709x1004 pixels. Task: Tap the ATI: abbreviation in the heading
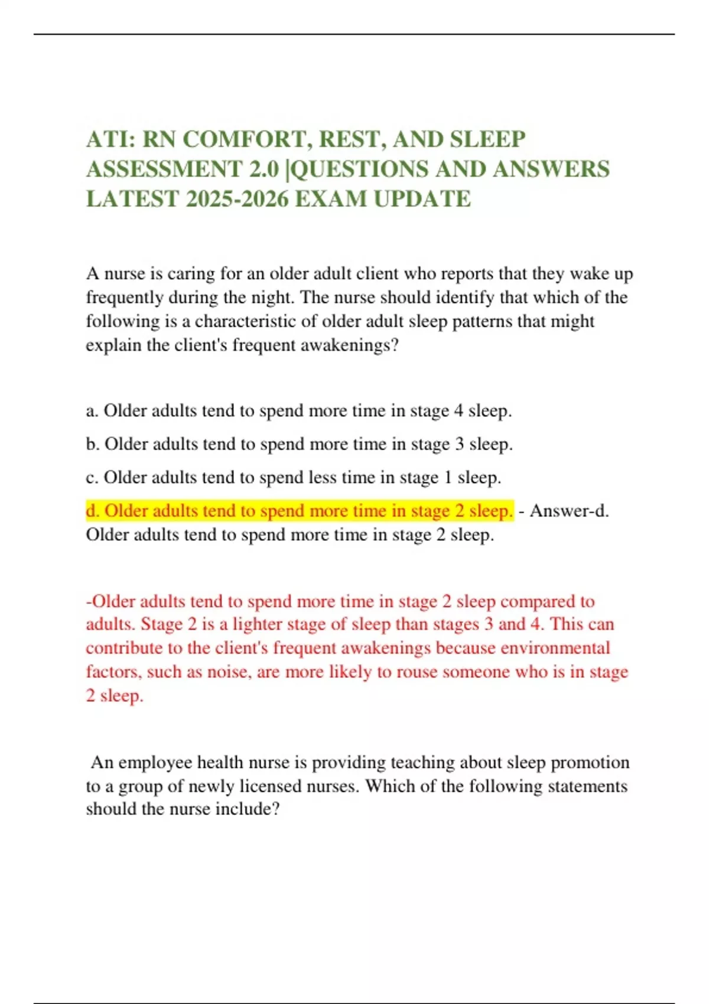111,139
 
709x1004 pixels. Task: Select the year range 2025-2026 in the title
237,199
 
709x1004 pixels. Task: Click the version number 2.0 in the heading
263,169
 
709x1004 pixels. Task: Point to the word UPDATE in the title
422,199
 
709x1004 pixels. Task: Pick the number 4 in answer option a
458,411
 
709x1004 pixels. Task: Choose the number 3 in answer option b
459,444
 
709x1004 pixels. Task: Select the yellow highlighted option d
300,511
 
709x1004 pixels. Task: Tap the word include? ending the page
247,809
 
